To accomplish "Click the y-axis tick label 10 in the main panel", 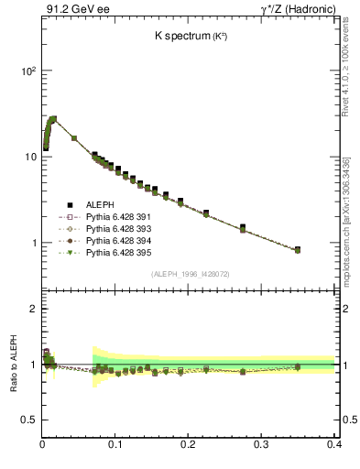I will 30,157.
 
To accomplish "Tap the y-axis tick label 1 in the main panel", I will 33,243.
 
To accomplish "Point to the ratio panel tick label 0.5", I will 29,420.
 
